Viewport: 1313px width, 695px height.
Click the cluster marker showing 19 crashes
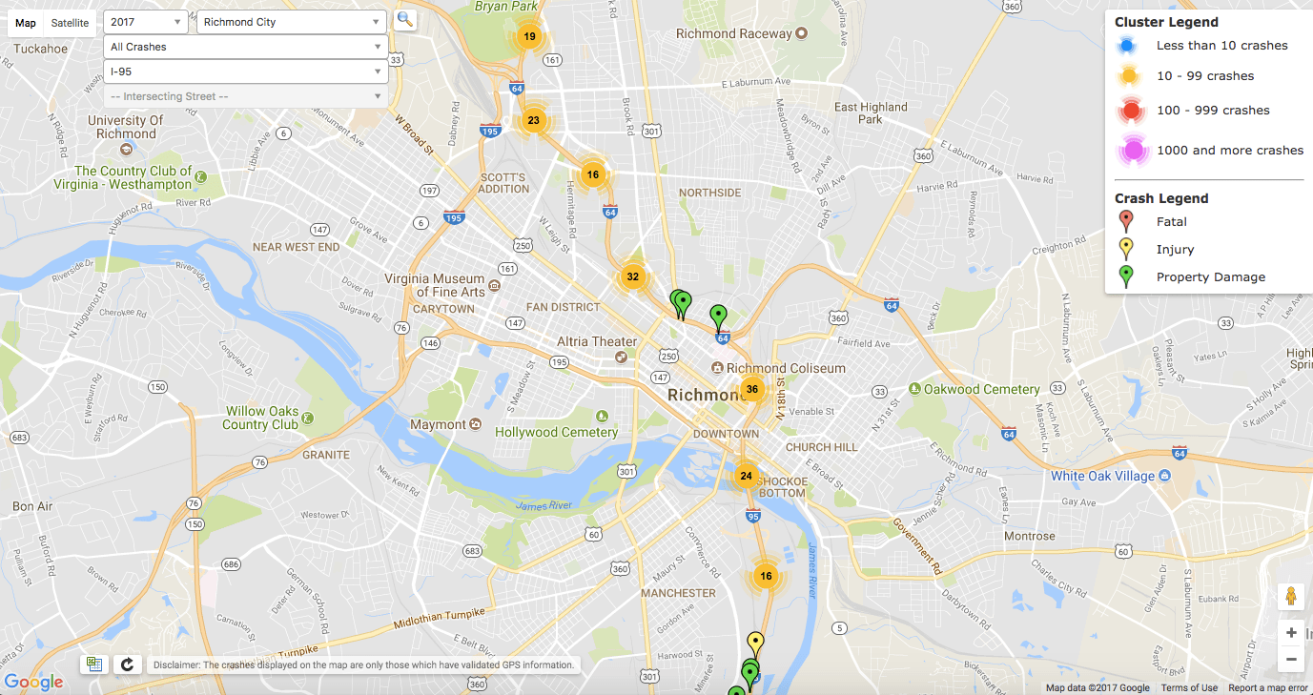[529, 37]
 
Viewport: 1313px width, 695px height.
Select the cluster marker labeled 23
[533, 120]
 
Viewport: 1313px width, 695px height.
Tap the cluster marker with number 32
[631, 277]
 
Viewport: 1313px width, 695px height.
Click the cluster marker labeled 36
[752, 389]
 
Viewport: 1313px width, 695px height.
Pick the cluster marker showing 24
[746, 476]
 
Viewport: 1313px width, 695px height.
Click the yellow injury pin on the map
[755, 643]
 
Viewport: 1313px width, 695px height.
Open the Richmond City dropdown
[291, 22]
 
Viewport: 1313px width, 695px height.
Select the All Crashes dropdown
[245, 47]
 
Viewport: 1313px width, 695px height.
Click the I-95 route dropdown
[245, 72]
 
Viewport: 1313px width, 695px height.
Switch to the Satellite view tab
[70, 23]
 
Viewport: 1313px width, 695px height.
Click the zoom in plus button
[1291, 633]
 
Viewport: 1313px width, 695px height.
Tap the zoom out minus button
[1291, 659]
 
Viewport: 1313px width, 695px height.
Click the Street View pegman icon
[1291, 597]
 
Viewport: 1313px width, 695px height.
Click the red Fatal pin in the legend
[1126, 220]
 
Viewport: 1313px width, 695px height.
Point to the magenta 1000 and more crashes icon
[1131, 151]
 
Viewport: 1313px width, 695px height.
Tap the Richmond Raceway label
[734, 33]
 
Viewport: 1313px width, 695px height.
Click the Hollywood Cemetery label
[557, 432]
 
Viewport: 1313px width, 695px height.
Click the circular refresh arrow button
[126, 664]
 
